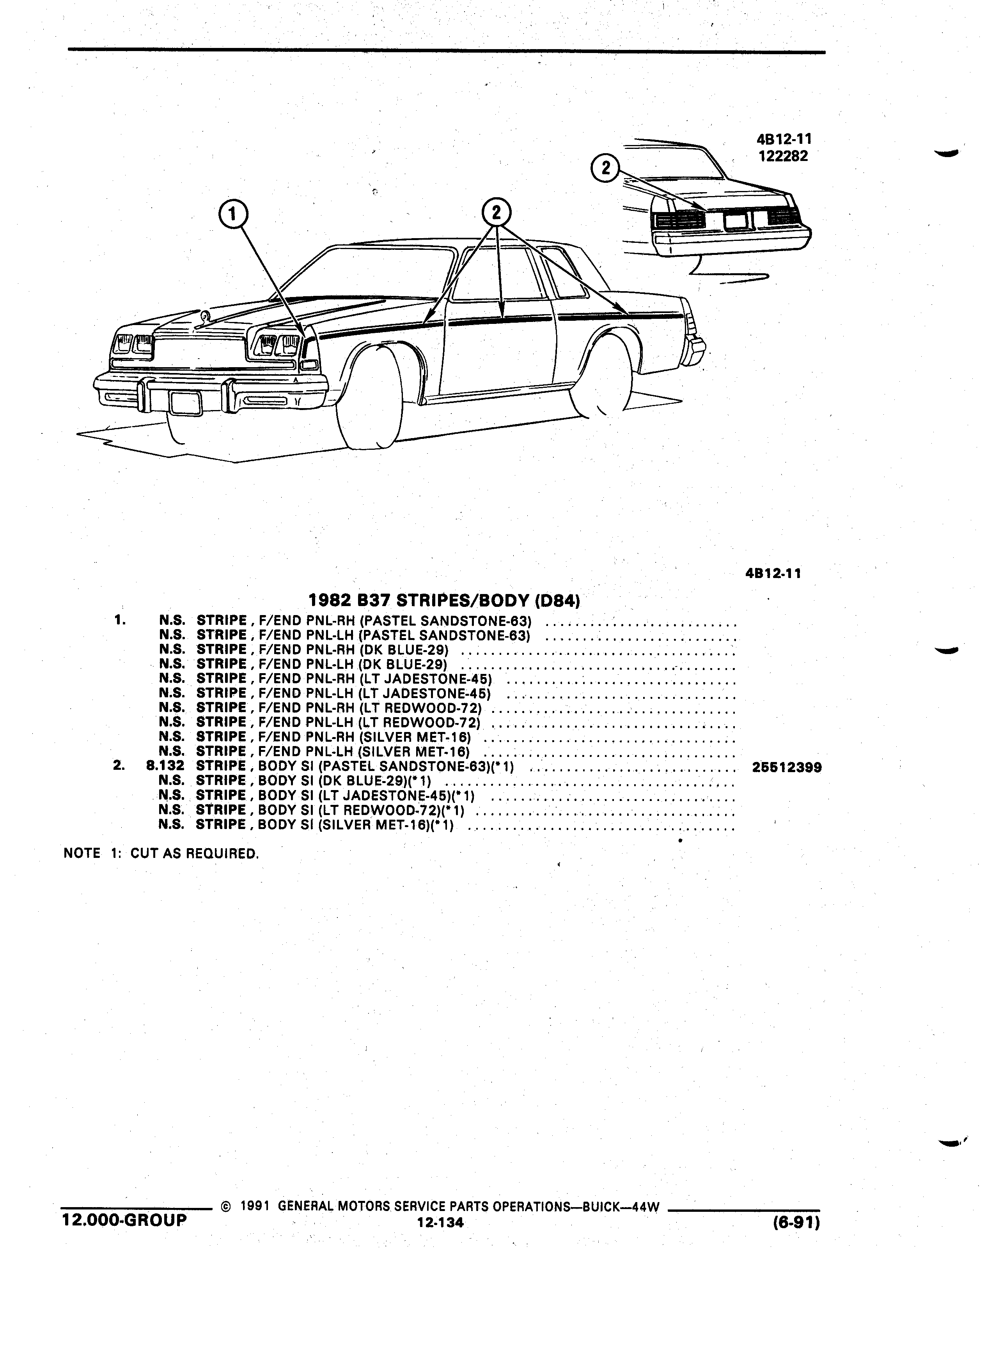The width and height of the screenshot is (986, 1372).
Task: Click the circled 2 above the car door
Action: [497, 213]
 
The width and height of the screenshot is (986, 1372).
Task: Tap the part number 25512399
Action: [786, 768]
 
